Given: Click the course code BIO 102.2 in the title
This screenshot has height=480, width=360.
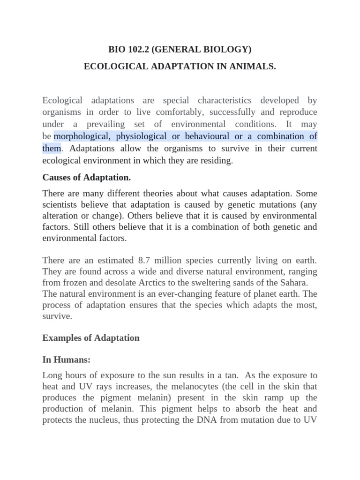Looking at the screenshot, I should [128, 49].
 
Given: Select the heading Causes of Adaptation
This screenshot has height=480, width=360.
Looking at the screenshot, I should [87, 177].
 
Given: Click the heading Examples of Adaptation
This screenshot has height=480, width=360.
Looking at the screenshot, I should [91, 337].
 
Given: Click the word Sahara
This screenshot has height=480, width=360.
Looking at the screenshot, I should [293, 282].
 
